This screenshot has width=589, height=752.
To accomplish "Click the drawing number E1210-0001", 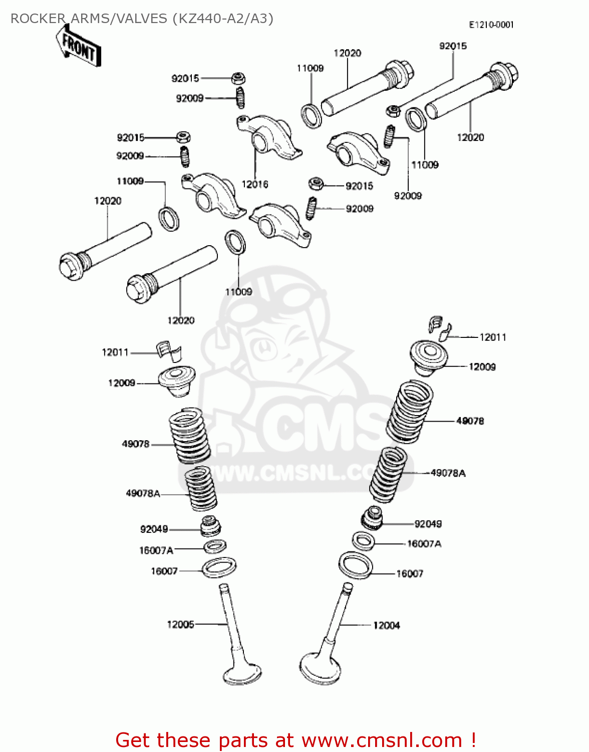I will tap(491, 25).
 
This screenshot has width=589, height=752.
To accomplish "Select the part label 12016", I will tap(254, 184).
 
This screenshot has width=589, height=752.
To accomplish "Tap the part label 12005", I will tap(180, 624).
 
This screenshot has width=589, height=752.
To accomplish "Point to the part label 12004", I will tap(386, 625).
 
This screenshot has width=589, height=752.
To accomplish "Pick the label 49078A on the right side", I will tap(448, 473).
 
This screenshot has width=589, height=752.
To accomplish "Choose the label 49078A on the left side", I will tap(143, 493).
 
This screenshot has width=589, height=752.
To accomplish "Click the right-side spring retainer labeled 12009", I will tap(429, 356).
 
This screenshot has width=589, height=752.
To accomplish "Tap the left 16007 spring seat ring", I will tap(219, 568).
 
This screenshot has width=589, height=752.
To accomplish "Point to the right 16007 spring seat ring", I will tap(356, 565).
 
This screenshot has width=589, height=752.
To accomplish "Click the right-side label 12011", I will tap(493, 337).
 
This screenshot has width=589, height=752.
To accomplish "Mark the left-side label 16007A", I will tap(156, 550).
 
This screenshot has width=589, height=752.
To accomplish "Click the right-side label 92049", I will tap(428, 524).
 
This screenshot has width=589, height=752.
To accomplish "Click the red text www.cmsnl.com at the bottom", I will tap(382, 740).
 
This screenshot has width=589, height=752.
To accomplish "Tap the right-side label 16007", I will tap(410, 574).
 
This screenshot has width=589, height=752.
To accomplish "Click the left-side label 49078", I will tap(136, 444).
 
